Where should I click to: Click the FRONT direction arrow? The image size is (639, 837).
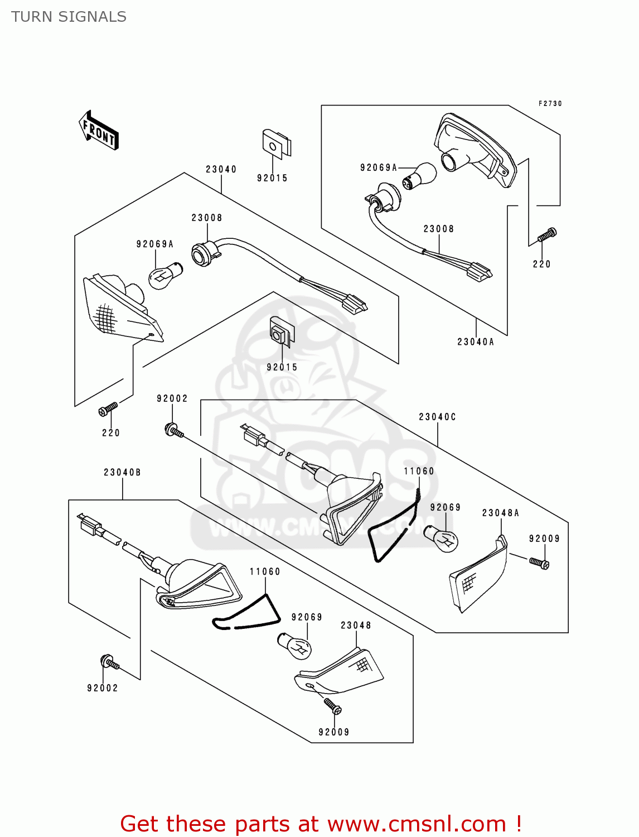[99, 131]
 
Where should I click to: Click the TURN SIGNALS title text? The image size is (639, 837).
[69, 17]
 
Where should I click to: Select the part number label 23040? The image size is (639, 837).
[221, 169]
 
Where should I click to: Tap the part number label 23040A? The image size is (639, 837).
[476, 341]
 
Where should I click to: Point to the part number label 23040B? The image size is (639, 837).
[122, 472]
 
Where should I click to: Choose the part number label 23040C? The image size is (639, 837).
[437, 417]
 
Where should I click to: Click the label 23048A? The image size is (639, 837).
[500, 513]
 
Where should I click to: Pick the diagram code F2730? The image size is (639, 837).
[550, 104]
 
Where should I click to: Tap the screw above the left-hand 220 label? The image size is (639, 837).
[108, 409]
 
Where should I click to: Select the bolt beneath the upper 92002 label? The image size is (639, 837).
[173, 430]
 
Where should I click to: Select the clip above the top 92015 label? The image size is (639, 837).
[275, 143]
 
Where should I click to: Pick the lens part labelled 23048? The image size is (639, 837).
[340, 672]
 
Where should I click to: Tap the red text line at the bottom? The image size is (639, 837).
[321, 824]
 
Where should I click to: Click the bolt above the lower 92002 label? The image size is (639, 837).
[109, 663]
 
